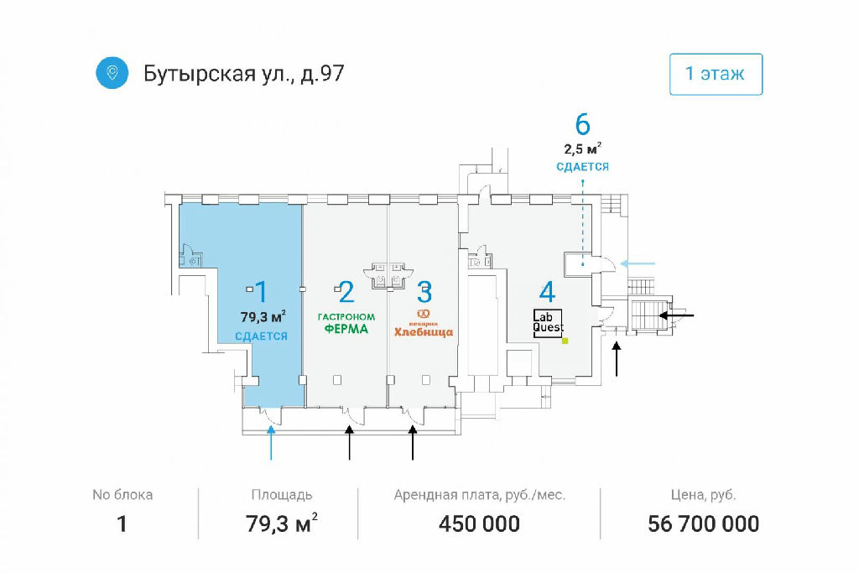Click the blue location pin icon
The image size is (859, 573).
pos(112,74)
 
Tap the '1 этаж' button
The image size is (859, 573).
pos(715,74)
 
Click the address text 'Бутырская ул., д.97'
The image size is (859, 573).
pos(244,74)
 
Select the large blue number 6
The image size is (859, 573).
pos(582,124)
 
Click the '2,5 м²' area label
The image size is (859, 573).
pos(582,149)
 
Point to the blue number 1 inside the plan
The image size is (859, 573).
pos(261,292)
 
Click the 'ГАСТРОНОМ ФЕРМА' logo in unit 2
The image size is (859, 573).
pos(346,324)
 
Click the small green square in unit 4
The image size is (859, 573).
pos(565,341)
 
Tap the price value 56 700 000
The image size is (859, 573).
pos(703,524)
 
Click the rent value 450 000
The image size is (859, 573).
pos(479,524)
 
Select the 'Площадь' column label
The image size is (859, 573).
pos(282,495)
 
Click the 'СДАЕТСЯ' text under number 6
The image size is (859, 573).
pos(582,167)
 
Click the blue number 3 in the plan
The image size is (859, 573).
pos(424,293)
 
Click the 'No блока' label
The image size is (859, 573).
pos(122,495)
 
